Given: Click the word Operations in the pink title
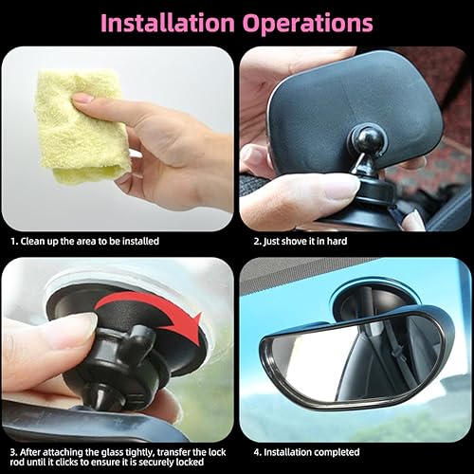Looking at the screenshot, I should [310, 22].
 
